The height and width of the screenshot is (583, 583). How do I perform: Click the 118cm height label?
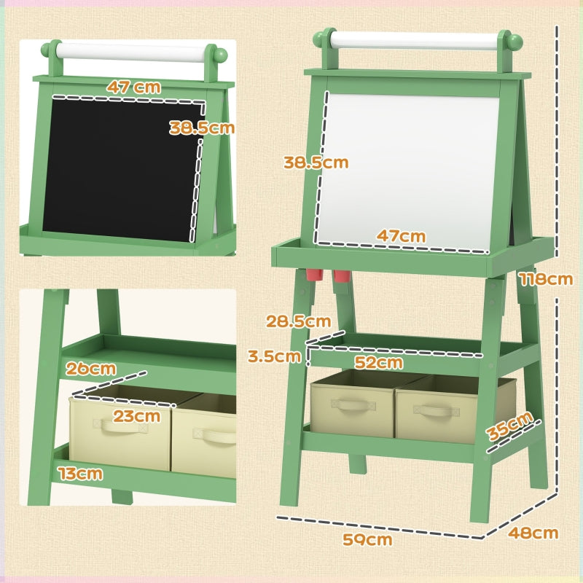pos(545,278)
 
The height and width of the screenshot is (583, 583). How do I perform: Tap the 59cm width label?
pos(367,539)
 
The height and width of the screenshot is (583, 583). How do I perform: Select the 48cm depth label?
pos(533,533)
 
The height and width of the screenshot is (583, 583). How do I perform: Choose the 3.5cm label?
pos(274,356)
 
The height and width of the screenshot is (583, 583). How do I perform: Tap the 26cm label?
pos(90,368)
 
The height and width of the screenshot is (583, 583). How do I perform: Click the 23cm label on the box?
pos(136,416)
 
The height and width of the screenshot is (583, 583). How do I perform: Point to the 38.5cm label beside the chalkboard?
pos(202,128)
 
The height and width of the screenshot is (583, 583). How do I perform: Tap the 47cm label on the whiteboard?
pos(401,236)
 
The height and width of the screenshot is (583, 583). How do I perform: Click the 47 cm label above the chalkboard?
pos(133,86)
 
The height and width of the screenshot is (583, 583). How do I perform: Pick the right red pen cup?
pos(342,278)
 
